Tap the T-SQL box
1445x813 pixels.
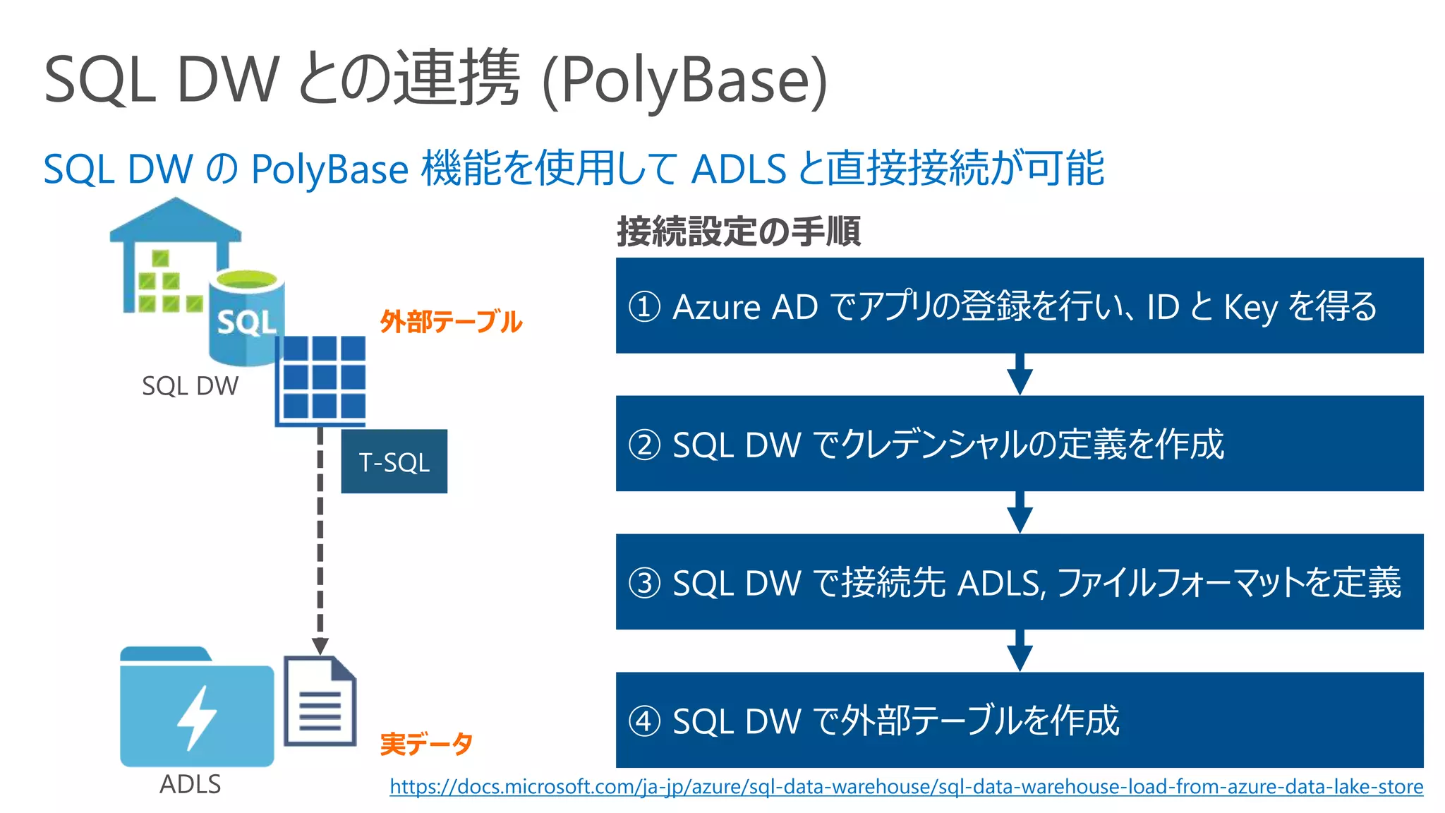[x=394, y=462]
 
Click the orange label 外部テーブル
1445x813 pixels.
[x=451, y=322]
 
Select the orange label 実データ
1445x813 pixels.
[x=426, y=744]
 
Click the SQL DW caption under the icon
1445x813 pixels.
[x=190, y=386]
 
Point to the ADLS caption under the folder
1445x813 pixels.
[x=190, y=784]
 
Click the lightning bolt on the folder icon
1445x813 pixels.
[x=195, y=717]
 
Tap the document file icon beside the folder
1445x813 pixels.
[x=320, y=701]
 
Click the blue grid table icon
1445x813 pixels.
[x=321, y=380]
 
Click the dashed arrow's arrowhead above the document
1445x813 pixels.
[x=320, y=645]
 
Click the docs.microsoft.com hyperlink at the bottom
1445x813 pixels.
[x=906, y=786]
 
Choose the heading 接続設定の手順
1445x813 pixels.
[x=739, y=231]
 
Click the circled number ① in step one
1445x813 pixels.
[x=644, y=306]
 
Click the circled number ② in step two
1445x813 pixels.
[x=644, y=445]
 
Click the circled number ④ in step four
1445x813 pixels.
[x=644, y=721]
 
